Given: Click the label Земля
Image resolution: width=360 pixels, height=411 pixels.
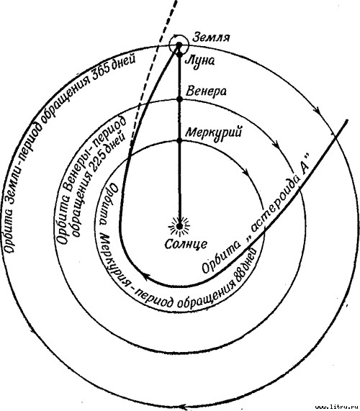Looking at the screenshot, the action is pos(211,38).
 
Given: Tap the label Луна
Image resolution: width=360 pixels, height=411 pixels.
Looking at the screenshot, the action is pos(199,61).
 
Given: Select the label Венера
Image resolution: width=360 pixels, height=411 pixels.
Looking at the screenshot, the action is pos(206,91).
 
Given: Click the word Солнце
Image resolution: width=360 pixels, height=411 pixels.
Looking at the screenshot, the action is pos(186,245).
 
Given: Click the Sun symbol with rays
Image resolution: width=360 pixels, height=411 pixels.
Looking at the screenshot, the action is pos(179,226).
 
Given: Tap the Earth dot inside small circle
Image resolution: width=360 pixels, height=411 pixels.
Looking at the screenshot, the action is pos(179,45).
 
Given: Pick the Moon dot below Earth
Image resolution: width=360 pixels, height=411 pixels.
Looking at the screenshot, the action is pos(179,55).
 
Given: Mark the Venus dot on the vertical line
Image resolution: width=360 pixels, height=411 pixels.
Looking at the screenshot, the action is pos(179,99).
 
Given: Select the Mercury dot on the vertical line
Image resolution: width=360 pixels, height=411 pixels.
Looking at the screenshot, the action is pos(179,141).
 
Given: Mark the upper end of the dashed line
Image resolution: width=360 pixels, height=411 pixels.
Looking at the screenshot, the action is pos(176,1).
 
